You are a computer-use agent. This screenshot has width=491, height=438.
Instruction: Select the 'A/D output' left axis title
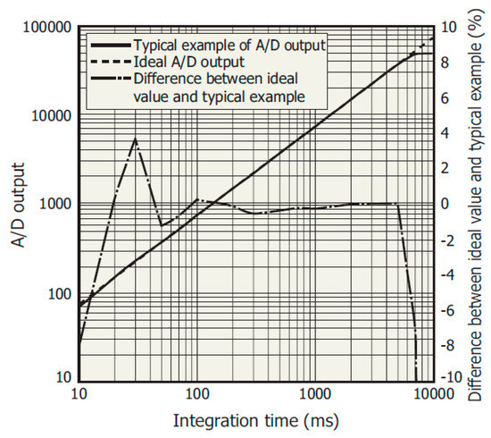click(18, 204)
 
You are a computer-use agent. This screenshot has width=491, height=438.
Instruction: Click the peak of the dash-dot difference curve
click(135, 139)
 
